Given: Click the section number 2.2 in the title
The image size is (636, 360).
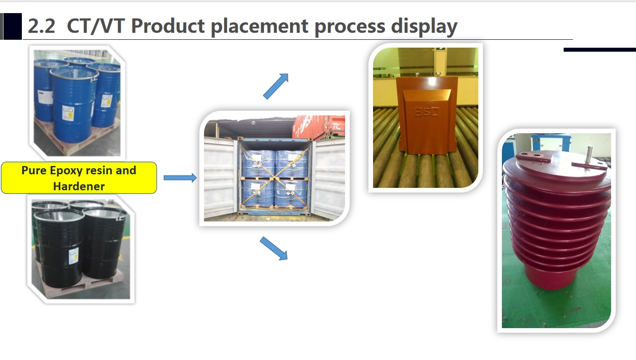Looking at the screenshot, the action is point(41,26).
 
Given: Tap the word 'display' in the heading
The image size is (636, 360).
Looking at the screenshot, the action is point(424,26).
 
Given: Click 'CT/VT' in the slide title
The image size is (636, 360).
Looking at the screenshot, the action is point(95,26).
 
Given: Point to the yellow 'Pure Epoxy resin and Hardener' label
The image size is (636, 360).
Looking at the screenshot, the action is point(79,178).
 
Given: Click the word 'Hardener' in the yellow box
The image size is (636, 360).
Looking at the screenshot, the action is point(79,186).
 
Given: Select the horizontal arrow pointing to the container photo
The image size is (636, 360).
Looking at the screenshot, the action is point(180,178).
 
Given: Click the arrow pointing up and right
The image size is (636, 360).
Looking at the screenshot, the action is point(276,87).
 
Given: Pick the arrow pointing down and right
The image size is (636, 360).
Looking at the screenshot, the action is point(274,248).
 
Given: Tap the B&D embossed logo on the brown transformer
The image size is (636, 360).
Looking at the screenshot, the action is point(426,112).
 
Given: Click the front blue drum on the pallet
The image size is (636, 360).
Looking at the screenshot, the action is point(74,104).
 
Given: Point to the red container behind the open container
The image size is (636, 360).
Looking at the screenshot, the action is point(318,127).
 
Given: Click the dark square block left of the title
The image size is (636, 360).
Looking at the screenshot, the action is point(13,26).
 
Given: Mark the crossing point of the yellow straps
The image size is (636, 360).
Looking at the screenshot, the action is point(274,178).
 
